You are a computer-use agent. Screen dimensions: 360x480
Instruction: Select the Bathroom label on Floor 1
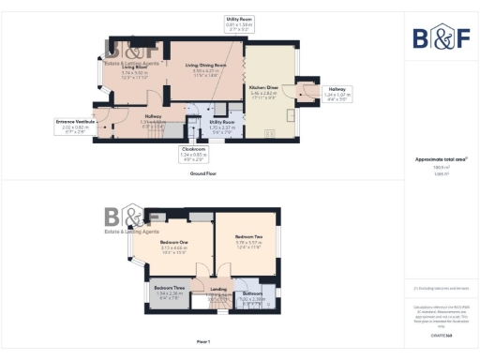pos(252,293)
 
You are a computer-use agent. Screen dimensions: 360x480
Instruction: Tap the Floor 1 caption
pos(202,341)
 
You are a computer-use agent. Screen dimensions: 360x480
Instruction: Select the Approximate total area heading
pos(440,159)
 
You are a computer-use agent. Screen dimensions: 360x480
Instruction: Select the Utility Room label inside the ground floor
pos(222,122)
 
